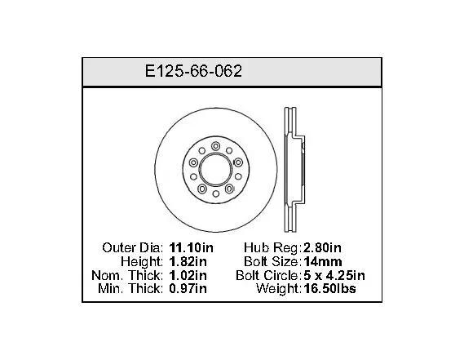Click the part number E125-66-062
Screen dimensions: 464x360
pos(193,71)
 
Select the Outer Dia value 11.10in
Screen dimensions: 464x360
pos(191,247)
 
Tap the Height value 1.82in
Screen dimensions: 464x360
pos(188,261)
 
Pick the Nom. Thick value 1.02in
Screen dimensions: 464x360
pos(188,276)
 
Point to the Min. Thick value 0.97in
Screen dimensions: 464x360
pos(188,289)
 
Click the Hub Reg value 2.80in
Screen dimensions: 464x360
pos(322,247)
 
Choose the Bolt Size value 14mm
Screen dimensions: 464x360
pos(323,261)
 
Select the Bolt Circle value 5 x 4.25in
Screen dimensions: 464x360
pos(334,276)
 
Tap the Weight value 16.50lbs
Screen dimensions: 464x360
pos(329,289)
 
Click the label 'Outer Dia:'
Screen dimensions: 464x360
pos(133,247)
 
